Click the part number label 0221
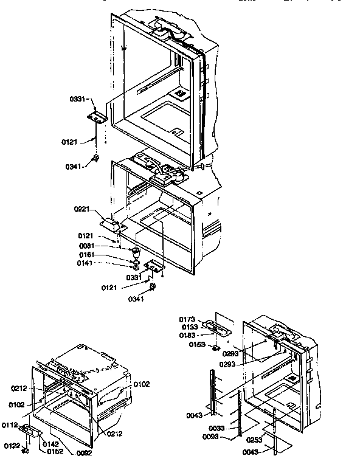pos(83,209)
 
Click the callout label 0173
pos(187,319)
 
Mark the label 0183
pos(187,335)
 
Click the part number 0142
pos(50,445)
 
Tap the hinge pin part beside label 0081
pos(136,251)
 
